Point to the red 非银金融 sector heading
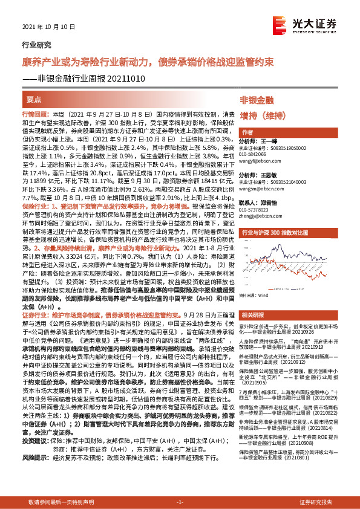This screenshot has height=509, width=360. pos(257,100)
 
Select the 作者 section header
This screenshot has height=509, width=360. pos(247,132)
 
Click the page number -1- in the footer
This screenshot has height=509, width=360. pos(179,502)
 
